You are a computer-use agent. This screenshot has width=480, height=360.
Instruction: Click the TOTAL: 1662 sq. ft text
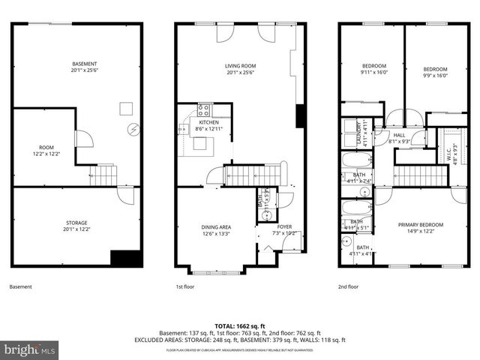pos(240,325)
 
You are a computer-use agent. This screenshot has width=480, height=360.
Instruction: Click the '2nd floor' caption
pos(348,286)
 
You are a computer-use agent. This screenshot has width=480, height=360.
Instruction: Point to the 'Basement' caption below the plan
pos(21,286)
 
